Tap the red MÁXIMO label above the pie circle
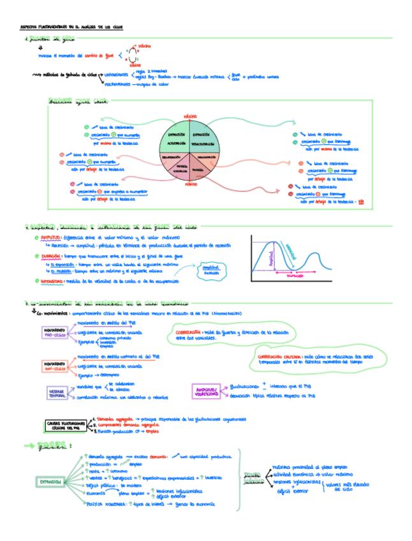pyautogui.click(x=189, y=116)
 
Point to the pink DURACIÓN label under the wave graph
pyautogui.click(x=294, y=278)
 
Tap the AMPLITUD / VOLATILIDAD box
pyautogui.click(x=207, y=391)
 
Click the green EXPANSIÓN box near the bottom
pyautogui.click(x=51, y=482)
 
